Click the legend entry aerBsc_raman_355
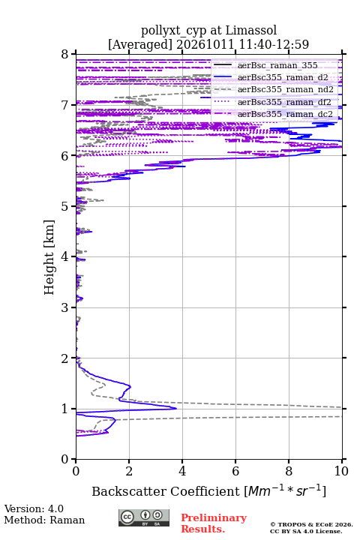coord(265,65)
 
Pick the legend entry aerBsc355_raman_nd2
coord(274,89)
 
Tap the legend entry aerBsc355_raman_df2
coord(272,102)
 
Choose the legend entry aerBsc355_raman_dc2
coord(273,114)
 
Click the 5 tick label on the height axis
coord(64,206)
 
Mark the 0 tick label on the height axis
coord(64,459)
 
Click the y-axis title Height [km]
coord(49,257)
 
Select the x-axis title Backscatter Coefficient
coord(165,491)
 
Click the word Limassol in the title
coord(251,30)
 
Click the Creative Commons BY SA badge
coord(144,517)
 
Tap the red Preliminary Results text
coord(214,523)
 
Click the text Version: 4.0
coord(34,508)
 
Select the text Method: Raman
coord(44,520)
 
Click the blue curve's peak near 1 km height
coord(176,409)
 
